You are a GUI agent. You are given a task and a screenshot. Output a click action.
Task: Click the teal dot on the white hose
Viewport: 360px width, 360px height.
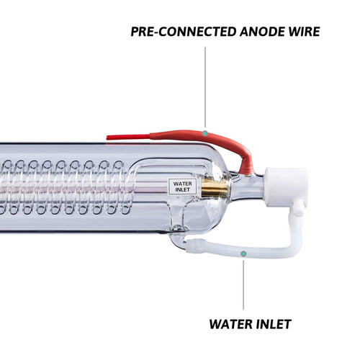(243, 254)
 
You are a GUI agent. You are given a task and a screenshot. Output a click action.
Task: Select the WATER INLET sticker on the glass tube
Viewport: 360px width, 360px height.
(183, 186)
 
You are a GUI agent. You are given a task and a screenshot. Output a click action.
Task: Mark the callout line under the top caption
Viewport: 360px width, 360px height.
(205, 86)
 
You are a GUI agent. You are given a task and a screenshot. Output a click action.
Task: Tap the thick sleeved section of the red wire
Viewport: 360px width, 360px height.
(180, 134)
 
